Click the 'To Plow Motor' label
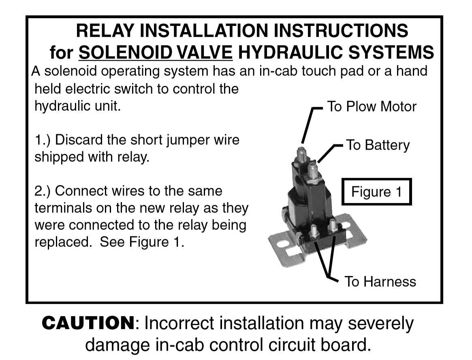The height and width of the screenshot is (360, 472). pyautogui.click(x=371, y=107)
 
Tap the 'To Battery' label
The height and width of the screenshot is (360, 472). pyautogui.click(x=377, y=145)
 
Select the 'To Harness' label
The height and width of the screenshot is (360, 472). pyautogui.click(x=380, y=281)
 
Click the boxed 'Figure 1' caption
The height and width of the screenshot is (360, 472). pyautogui.click(x=376, y=192)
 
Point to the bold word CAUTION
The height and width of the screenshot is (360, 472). pyautogui.click(x=88, y=324)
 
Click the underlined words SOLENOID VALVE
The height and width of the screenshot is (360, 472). pyautogui.click(x=156, y=52)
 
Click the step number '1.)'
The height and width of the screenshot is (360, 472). pyautogui.click(x=43, y=140)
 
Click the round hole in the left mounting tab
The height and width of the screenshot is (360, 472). pyautogui.click(x=283, y=244)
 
